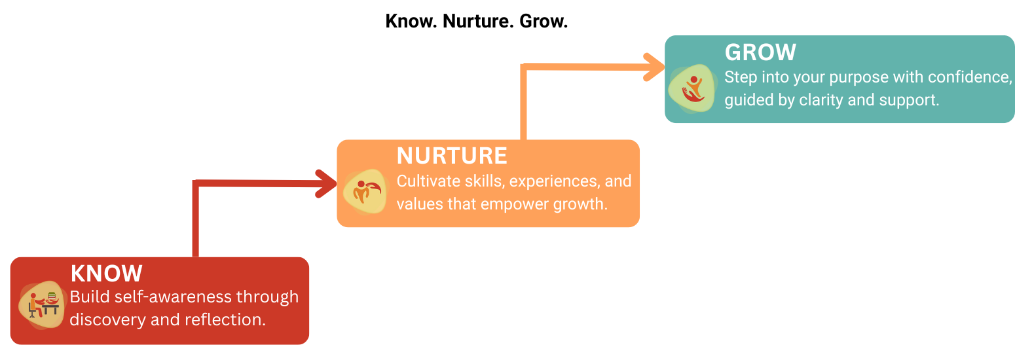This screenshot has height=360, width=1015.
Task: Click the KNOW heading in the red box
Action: coord(107,274)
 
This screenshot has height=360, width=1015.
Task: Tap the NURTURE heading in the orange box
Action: coord(452,156)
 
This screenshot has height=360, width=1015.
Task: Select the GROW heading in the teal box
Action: coord(760,52)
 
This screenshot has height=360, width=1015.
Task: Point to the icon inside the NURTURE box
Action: coord(365,191)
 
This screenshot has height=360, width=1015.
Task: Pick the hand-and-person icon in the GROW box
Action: coord(692,88)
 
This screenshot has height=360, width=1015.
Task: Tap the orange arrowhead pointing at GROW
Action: coord(654,67)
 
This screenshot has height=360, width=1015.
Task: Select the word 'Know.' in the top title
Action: coord(411,22)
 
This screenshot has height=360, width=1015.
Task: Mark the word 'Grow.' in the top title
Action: coord(544,22)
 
